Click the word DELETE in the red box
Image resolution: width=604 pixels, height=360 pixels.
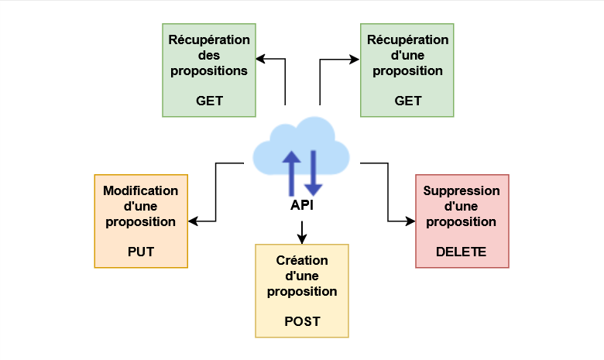tap(462, 252)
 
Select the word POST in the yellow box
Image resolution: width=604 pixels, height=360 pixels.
tap(302, 321)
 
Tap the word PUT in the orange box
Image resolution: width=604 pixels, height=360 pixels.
tap(140, 252)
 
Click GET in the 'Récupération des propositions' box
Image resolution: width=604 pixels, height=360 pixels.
tap(208, 101)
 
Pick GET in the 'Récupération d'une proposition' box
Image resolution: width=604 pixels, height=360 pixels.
tap(407, 101)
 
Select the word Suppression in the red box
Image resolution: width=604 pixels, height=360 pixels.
tap(462, 190)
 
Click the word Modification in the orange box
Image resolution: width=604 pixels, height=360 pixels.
tap(140, 190)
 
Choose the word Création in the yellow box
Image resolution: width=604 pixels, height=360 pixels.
tap(302, 260)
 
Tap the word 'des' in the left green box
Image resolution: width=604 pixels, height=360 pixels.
tap(208, 55)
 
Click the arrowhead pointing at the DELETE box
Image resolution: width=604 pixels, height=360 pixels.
tap(410, 221)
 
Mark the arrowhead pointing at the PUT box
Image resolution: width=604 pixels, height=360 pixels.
tap(193, 221)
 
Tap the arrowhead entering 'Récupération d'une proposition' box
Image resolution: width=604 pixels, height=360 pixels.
tap(355, 59)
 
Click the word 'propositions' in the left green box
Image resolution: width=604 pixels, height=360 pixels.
tap(208, 70)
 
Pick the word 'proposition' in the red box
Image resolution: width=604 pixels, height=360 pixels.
tap(462, 221)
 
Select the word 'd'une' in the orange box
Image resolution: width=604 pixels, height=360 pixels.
tap(140, 206)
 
